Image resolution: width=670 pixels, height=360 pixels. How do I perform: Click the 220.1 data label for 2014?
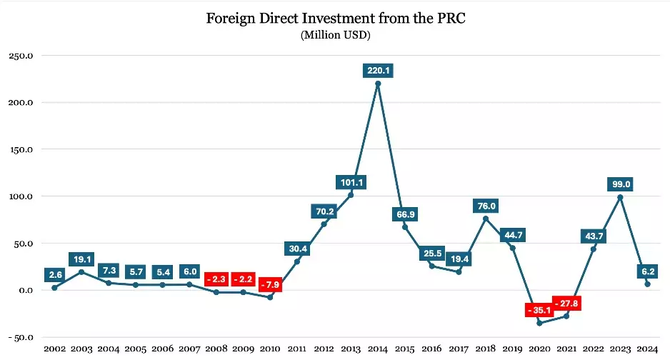[x=378, y=71]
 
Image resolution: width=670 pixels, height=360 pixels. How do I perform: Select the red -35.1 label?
[x=539, y=310]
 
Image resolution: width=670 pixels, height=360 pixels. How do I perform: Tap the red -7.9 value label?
[x=270, y=284]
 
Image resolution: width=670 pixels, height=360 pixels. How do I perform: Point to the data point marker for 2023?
[x=620, y=197]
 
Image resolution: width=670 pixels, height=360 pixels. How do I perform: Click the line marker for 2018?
[x=486, y=219]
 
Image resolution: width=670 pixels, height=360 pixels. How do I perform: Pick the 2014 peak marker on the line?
[x=378, y=84]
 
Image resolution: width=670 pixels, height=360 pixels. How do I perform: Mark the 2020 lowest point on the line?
[x=539, y=323]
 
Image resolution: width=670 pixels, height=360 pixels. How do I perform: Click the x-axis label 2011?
[x=297, y=349]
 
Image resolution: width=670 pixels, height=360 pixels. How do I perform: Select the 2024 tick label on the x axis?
[x=647, y=349]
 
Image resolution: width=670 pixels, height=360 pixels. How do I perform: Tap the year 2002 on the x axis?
[x=55, y=349]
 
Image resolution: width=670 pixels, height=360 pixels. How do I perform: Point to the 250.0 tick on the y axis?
[x=21, y=56]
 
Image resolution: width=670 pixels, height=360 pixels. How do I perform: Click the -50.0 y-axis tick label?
[x=21, y=337]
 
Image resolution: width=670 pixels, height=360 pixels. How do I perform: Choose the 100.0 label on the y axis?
[x=21, y=196]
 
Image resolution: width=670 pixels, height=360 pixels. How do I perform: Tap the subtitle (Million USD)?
[x=335, y=35]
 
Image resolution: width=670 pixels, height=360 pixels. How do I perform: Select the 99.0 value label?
[x=620, y=184]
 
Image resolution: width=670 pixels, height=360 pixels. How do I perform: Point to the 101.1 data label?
[x=351, y=182]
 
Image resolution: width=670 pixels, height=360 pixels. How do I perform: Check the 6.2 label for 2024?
[x=647, y=271]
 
